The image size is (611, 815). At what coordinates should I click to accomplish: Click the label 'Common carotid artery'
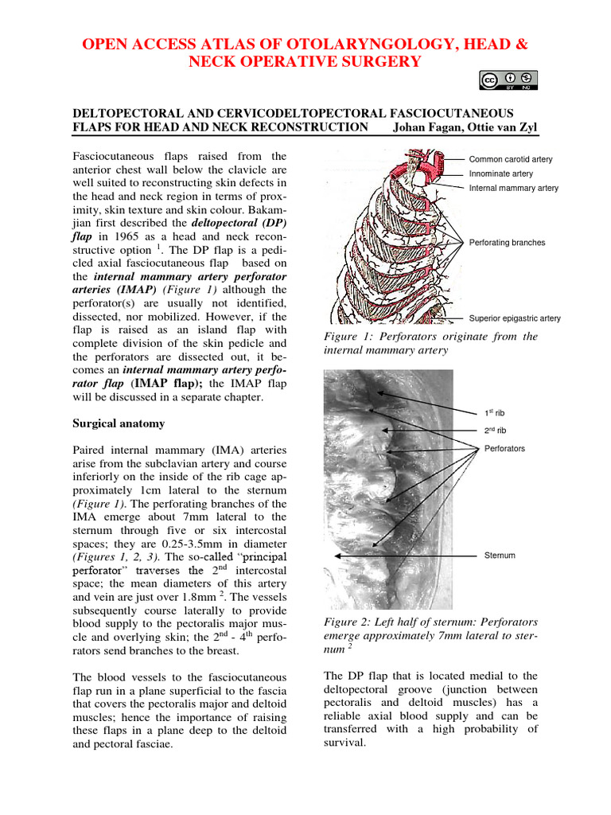510,159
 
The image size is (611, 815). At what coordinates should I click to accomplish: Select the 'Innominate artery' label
501,174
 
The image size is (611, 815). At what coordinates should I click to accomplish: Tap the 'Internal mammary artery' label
513,188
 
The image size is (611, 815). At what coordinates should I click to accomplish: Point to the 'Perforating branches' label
507,242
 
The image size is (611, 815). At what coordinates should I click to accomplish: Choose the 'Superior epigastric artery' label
514,318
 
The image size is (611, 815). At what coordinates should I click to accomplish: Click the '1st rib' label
494,413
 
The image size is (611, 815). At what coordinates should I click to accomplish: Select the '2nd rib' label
495,431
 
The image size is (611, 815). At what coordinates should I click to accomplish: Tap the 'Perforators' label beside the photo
504,448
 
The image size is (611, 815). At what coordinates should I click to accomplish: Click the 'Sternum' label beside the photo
500,555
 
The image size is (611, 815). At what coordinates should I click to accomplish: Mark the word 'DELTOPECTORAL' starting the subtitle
130,113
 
